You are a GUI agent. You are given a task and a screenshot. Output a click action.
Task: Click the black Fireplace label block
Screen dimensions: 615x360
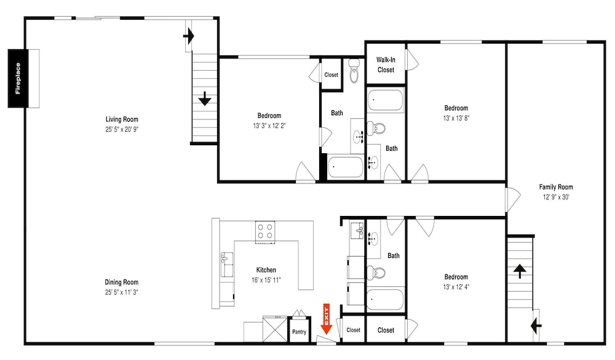[x=18, y=79]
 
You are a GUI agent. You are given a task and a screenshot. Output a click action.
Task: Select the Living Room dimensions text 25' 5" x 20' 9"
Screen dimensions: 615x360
[x=122, y=130]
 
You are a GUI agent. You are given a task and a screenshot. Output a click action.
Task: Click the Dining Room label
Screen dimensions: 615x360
[x=122, y=282]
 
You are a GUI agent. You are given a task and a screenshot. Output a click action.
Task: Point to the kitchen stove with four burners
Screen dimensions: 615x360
[x=264, y=231]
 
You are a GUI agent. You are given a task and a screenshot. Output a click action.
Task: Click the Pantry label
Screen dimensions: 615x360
[x=300, y=332]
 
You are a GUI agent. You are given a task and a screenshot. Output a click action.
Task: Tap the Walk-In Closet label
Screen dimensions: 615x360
[x=386, y=65]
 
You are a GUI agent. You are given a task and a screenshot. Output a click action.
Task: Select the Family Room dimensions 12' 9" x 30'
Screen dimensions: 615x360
[x=556, y=197]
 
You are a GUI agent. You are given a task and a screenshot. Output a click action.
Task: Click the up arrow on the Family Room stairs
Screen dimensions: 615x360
[x=520, y=271]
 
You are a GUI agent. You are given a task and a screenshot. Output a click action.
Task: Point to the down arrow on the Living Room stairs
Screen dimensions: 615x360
[x=205, y=98]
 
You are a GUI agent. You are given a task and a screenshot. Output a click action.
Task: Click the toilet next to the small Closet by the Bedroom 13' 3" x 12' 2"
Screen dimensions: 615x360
[x=354, y=71]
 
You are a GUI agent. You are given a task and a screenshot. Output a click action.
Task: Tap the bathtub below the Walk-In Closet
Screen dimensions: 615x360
[x=385, y=100]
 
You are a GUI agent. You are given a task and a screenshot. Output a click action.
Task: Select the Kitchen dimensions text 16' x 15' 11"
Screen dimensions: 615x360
[x=266, y=280]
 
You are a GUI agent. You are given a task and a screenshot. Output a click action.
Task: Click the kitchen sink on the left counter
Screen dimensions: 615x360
[x=226, y=264]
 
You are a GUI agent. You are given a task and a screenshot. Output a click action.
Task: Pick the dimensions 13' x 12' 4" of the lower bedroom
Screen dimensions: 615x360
[x=456, y=287]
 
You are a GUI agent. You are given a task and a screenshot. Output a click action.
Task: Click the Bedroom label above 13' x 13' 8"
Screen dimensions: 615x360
[x=456, y=108]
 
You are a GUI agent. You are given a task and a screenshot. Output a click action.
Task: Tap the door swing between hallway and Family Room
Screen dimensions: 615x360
[x=513, y=199]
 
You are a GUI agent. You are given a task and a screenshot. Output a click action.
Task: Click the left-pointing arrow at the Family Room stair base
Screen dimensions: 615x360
[x=536, y=326]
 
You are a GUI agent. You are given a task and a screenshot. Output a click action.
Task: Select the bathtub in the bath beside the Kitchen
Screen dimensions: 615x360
[x=385, y=300]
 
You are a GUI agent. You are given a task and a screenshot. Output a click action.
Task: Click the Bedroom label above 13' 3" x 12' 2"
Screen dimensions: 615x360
[x=269, y=116]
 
